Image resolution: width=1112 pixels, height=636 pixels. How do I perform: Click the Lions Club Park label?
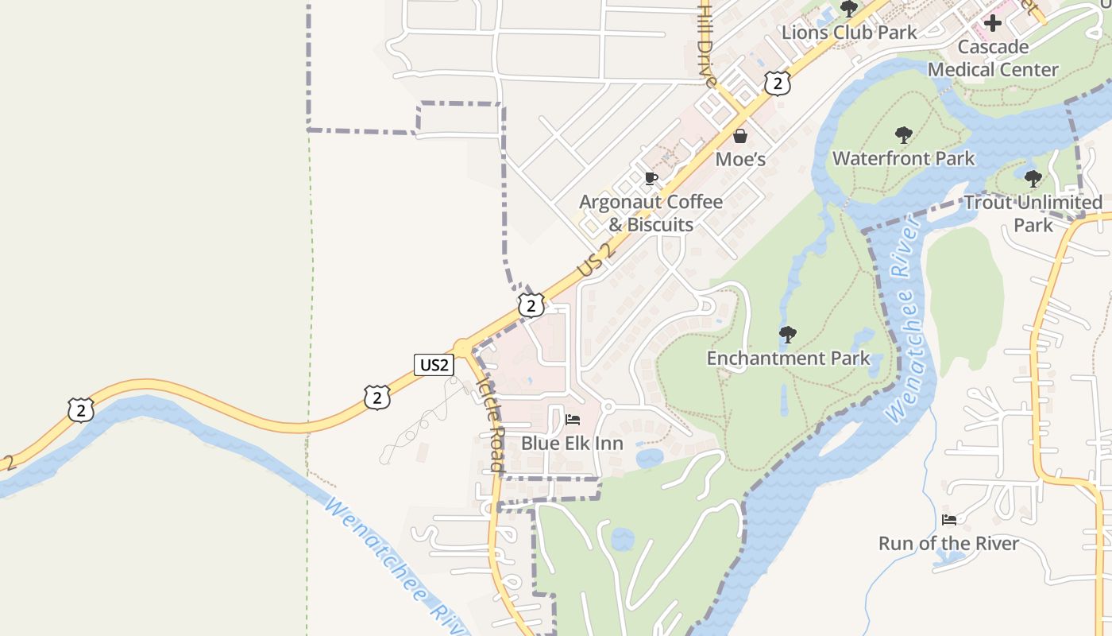click(x=849, y=33)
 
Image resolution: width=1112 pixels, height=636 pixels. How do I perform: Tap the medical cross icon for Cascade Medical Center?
click(x=992, y=23)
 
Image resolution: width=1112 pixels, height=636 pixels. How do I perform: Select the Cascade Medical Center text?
click(x=993, y=58)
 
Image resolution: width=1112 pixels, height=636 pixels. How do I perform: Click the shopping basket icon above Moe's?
click(x=740, y=136)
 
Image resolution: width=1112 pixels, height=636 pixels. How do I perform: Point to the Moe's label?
click(x=740, y=159)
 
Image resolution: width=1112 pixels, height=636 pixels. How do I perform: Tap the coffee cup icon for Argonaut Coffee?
click(x=651, y=178)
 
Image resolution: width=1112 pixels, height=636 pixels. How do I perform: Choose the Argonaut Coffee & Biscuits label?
click(x=651, y=213)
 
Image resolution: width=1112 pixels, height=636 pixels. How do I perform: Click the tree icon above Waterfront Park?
click(x=903, y=135)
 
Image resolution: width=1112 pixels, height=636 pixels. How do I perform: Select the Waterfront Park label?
click(x=903, y=158)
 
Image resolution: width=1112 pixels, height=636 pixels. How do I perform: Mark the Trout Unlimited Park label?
click(x=1033, y=213)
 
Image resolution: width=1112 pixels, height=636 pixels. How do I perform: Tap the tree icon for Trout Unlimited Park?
click(x=1033, y=179)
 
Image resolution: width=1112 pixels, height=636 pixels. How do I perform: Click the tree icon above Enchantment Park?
click(x=788, y=334)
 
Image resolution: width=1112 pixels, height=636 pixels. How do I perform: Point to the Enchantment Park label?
click(x=788, y=359)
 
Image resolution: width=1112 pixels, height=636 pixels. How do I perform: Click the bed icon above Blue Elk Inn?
click(x=572, y=420)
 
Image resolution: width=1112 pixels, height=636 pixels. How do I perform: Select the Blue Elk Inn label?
click(x=572, y=443)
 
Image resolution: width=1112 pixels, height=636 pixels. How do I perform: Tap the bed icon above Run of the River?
click(x=949, y=520)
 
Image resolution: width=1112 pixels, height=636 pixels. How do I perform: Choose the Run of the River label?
click(x=948, y=544)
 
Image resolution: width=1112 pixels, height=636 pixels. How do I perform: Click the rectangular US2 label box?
click(x=434, y=365)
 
